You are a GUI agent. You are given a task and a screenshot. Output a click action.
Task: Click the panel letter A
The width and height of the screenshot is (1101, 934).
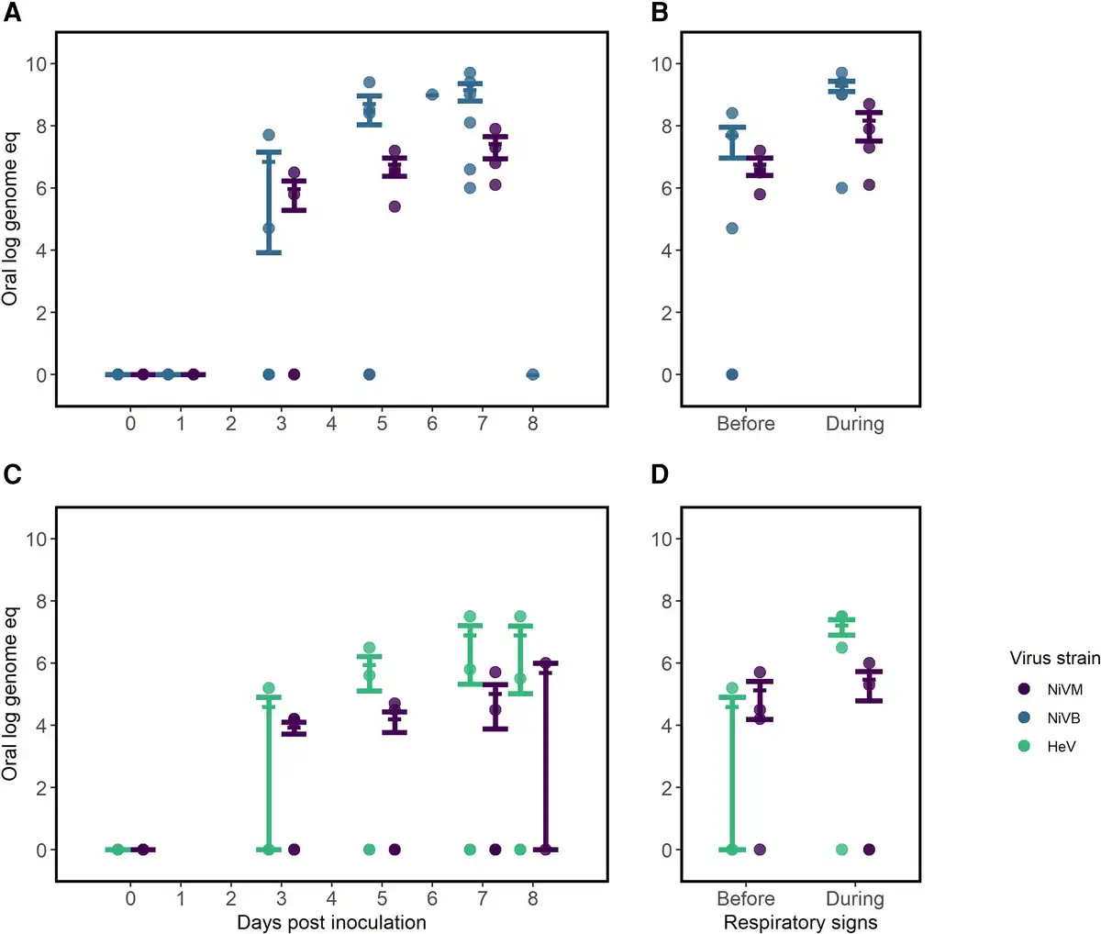[x=14, y=13]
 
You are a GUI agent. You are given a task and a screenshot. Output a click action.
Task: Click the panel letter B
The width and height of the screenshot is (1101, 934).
[x=659, y=13]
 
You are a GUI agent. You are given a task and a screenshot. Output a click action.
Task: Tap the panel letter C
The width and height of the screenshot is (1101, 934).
[x=14, y=474]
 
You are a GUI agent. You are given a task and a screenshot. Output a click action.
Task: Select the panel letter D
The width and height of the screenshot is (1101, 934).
[x=659, y=474]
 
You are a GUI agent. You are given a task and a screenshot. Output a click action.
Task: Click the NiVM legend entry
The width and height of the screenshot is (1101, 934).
[x=1064, y=690]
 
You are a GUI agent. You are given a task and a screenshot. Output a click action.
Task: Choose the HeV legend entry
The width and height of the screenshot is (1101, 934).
[x=1062, y=747]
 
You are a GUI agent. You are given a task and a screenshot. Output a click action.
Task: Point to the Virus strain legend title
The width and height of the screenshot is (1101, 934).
[x=1054, y=658]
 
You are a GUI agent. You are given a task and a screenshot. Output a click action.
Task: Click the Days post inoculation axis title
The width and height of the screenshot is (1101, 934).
[x=331, y=922]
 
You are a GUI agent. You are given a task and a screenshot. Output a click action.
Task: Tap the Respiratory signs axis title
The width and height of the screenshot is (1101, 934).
[x=800, y=922]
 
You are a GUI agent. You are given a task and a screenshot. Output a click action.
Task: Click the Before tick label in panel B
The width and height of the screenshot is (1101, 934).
[x=746, y=424]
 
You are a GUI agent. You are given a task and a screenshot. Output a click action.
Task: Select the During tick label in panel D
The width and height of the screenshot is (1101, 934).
[x=855, y=899]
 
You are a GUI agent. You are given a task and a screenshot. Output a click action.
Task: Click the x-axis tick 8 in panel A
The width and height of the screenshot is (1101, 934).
[x=532, y=424]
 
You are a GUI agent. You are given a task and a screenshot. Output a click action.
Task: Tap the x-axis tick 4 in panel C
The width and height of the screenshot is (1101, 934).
[x=331, y=899]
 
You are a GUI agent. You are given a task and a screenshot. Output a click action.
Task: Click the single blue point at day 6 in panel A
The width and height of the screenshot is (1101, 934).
[x=432, y=95]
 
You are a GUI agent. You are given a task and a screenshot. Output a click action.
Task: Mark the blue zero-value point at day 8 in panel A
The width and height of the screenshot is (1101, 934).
[x=532, y=374]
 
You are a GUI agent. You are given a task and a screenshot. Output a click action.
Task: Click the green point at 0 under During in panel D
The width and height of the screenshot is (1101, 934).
[x=841, y=850]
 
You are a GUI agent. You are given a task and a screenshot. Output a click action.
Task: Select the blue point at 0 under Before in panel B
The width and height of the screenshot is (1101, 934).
[x=732, y=374]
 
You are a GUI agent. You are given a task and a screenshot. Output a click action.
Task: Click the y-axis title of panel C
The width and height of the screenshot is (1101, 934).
[x=11, y=693]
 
